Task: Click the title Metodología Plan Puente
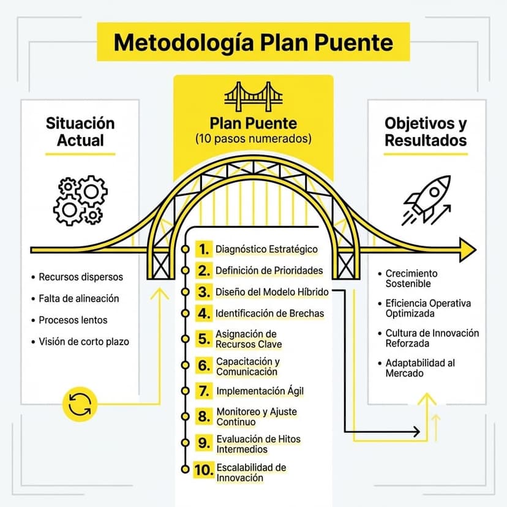[253, 42]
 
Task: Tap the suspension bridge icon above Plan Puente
[253, 96]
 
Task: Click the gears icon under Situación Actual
[79, 200]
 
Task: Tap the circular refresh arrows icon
[80, 404]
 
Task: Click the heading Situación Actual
[80, 131]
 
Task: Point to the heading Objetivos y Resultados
[426, 131]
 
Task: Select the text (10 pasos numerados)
[253, 138]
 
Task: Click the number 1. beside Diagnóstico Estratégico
[203, 249]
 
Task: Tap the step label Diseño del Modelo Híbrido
[272, 291]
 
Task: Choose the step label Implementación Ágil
[260, 390]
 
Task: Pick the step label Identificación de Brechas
[269, 314]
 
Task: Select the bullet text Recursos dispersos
[81, 277]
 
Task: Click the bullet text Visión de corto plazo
[84, 342]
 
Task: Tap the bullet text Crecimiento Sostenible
[411, 279]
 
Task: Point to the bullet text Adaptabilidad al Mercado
[420, 367]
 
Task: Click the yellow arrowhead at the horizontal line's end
[468, 250]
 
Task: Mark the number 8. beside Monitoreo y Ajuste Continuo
[204, 417]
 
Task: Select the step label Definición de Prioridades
[269, 270]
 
